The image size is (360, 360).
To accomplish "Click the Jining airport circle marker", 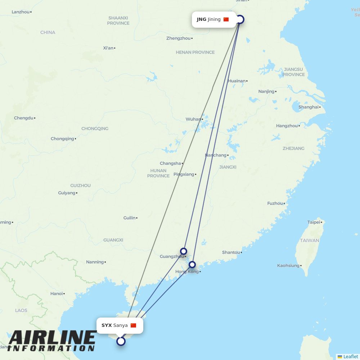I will point(240,19).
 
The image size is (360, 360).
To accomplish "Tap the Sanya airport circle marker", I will point(121,341).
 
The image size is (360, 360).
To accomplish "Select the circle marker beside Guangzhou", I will point(184,251).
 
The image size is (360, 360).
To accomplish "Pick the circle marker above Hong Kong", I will point(192,265).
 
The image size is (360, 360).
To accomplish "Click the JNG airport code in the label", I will point(202,19).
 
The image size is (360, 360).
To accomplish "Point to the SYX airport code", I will point(107,325).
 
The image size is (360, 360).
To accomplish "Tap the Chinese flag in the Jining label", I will point(226,19).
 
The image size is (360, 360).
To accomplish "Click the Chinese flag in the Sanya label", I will point(133,325).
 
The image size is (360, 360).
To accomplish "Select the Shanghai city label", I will point(309,107).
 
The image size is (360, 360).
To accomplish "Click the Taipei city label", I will point(314,222).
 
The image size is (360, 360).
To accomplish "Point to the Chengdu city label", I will point(24,118).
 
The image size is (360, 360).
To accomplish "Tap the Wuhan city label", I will point(193,119).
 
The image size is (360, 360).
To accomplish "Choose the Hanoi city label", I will point(57,293).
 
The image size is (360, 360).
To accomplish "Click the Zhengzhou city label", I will point(179,38).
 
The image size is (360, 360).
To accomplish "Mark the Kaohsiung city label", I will point(288,265).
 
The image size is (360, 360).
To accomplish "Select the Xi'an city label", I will point(108,48).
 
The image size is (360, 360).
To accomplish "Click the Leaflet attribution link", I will point(350,356).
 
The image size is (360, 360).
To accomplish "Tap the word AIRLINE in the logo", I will point(52,338).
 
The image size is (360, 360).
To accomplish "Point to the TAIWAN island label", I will point(310,240).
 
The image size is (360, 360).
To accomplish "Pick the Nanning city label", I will point(95,262).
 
